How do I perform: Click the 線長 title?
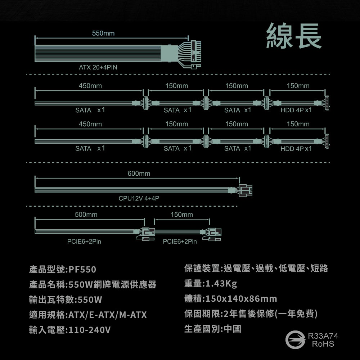[294, 36]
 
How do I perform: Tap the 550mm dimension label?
[103, 33]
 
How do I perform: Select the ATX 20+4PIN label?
[98, 67]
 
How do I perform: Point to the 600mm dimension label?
[139, 174]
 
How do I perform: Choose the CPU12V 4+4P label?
[139, 198]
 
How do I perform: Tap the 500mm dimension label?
[86, 215]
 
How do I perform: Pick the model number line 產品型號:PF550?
[63, 270]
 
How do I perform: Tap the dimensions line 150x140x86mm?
[230, 299]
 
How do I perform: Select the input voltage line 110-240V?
[70, 330]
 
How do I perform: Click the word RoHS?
[323, 345]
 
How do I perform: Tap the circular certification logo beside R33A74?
[294, 340]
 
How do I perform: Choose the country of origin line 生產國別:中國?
[212, 329]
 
